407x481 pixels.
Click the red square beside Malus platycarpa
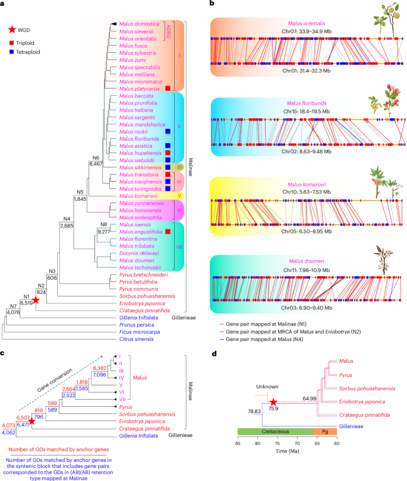(x=168, y=88)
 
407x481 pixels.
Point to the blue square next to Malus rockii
(x=168, y=131)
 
